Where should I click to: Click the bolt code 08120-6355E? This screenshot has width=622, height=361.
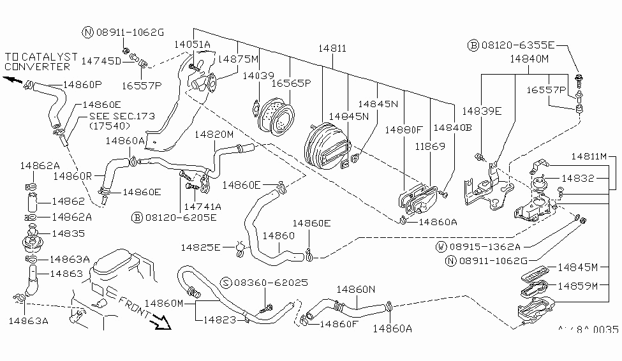517,45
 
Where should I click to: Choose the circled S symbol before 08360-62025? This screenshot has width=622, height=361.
226,282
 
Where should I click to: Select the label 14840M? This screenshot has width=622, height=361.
528,59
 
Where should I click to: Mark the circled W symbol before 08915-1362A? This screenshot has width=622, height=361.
441,246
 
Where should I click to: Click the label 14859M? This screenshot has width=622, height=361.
577,285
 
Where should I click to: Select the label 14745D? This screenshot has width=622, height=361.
101,61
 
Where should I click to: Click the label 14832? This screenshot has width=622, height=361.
578,179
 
